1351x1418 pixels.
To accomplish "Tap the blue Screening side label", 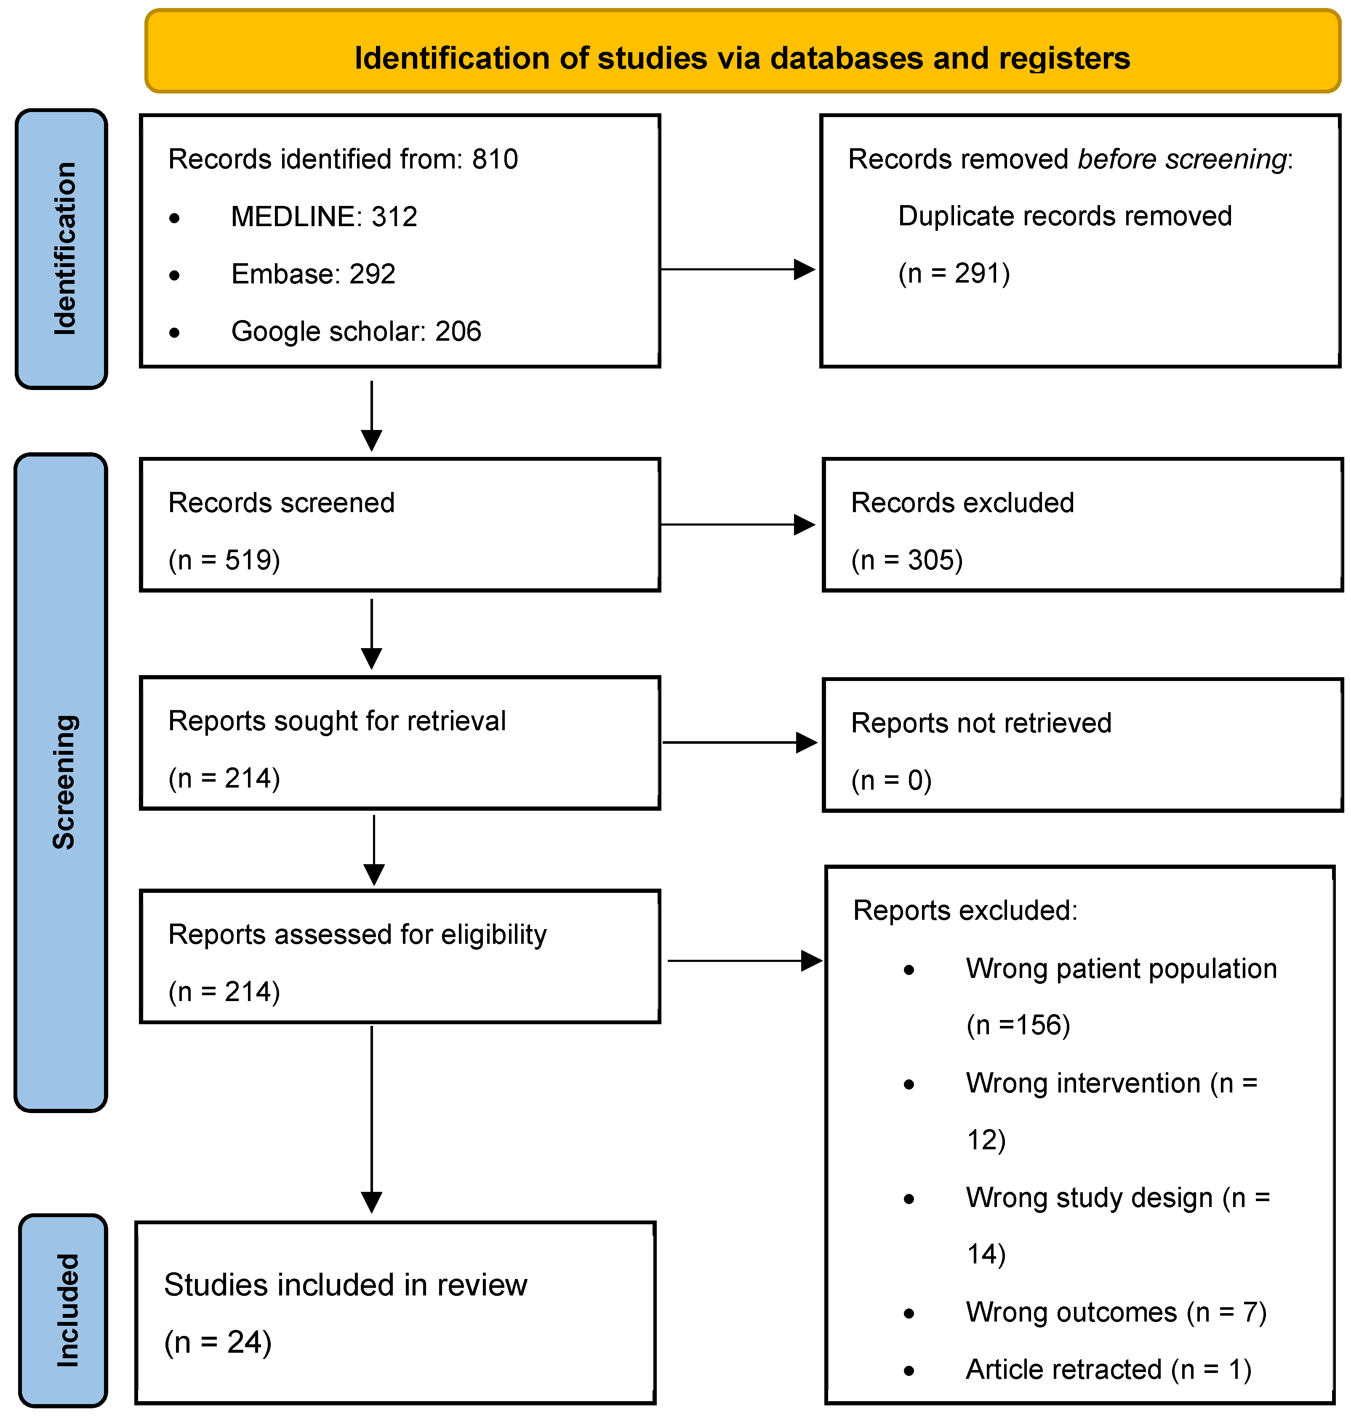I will pos(62,782).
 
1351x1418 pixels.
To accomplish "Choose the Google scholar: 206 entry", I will pos(356,331).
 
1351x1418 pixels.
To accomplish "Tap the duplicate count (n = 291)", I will pos(954,274).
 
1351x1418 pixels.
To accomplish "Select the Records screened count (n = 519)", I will pos(224,560).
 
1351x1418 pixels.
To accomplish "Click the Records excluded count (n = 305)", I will pos(907,560).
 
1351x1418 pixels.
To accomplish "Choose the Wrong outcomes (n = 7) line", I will pos(1116,1312).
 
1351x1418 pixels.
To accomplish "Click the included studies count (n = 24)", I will pos(218,1342).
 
